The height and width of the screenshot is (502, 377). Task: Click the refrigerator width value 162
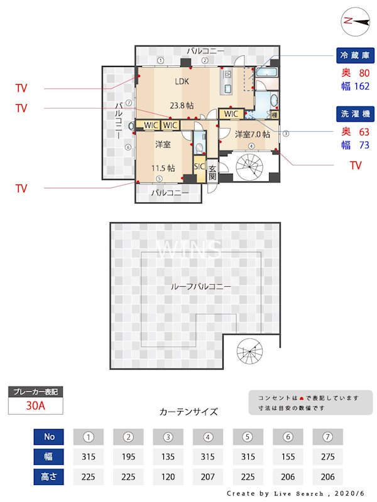(x=362, y=86)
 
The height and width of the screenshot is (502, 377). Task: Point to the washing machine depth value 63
(x=363, y=132)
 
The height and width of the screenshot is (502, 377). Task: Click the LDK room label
(x=182, y=81)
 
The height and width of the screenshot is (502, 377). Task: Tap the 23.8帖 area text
(x=181, y=105)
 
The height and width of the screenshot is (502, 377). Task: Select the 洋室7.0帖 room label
(x=253, y=134)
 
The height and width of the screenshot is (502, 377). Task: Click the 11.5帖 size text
(x=162, y=168)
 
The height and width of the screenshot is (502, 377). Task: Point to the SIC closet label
(x=199, y=166)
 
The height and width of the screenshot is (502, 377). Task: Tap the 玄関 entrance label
(x=212, y=173)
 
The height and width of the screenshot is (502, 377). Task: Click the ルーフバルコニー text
(x=200, y=286)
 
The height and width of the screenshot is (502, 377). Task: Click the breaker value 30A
(x=36, y=405)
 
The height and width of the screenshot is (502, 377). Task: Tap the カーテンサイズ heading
(x=188, y=412)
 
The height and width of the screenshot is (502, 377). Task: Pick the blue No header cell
(x=49, y=437)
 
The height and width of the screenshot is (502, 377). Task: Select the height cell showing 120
(x=168, y=476)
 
